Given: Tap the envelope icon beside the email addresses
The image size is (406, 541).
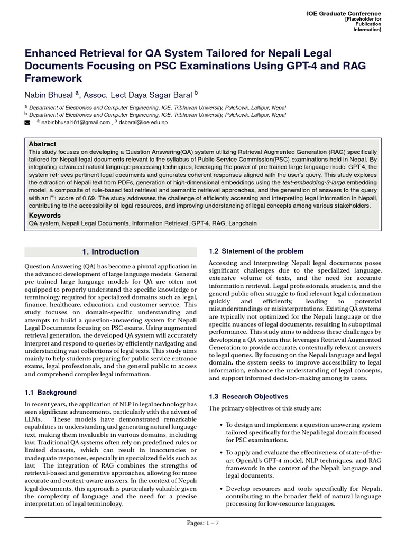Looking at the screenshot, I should click(x=28, y=123).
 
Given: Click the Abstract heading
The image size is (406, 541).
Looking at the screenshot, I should click(x=42, y=144).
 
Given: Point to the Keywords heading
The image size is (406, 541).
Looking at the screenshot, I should click(x=44, y=216).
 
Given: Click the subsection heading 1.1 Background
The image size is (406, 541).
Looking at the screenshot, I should click(x=51, y=393).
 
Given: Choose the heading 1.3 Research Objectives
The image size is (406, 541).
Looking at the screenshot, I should click(x=248, y=396).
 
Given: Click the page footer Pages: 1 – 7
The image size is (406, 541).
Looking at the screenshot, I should click(x=203, y=523).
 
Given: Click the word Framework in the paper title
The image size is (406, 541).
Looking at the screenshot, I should click(x=53, y=78).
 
